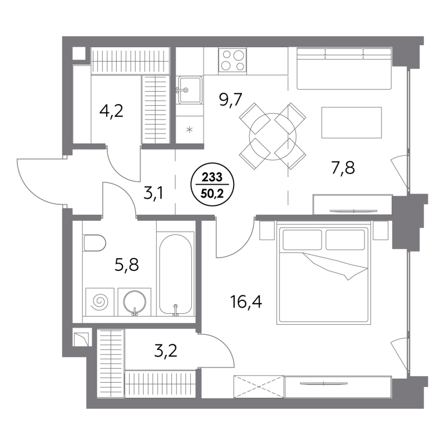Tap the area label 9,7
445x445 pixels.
tap(230, 100)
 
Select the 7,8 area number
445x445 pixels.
tap(343, 167)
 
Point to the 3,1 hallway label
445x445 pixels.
tap(154, 194)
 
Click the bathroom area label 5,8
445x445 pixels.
tap(127, 265)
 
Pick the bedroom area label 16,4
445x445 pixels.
tap(246, 301)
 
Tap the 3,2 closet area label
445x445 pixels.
tap(166, 351)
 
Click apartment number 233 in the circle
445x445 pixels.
tap(212, 177)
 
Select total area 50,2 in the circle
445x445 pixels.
tap(212, 194)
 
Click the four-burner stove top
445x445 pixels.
tap(233, 60)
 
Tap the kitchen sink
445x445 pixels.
tap(189, 90)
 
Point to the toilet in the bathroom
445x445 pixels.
tap(95, 243)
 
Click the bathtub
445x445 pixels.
tap(175, 275)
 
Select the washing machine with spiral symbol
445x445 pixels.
tap(100, 302)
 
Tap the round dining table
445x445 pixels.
tap(273, 136)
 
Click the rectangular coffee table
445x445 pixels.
tap(352, 122)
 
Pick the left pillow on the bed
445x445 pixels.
tap(302, 240)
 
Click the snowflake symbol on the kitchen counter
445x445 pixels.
tap(189, 130)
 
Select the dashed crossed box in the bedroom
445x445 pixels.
tap(259, 387)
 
